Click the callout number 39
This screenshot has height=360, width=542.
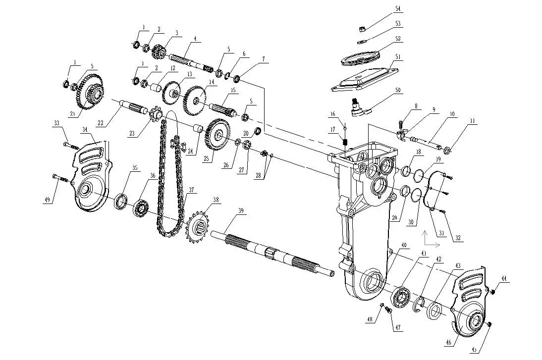(x=241, y=211)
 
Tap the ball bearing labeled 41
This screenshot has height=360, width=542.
(x=401, y=298)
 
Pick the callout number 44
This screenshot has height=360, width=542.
(x=504, y=279)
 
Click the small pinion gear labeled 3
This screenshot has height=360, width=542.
(x=159, y=51)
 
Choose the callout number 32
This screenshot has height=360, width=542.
(x=458, y=238)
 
